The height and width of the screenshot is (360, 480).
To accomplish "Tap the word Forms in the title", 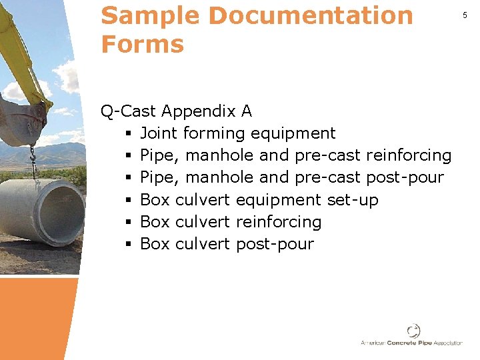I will [x=142, y=45].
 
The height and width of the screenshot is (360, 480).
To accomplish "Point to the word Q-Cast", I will [x=129, y=111].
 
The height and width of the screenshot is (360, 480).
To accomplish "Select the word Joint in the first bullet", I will [x=158, y=133].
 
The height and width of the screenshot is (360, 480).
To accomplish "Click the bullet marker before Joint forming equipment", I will [x=127, y=133].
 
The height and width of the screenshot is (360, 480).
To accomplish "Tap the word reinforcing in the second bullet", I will [x=409, y=155].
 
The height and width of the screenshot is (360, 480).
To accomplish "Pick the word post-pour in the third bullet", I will [x=405, y=177].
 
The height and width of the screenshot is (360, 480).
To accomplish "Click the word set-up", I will [x=353, y=199].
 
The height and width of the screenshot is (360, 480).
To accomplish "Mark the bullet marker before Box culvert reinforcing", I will [x=127, y=222].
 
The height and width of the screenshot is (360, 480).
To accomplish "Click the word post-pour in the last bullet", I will [x=275, y=244].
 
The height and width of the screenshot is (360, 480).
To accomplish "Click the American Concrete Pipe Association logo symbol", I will [x=414, y=331].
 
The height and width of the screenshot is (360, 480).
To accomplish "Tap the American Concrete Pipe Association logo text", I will [x=411, y=343].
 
